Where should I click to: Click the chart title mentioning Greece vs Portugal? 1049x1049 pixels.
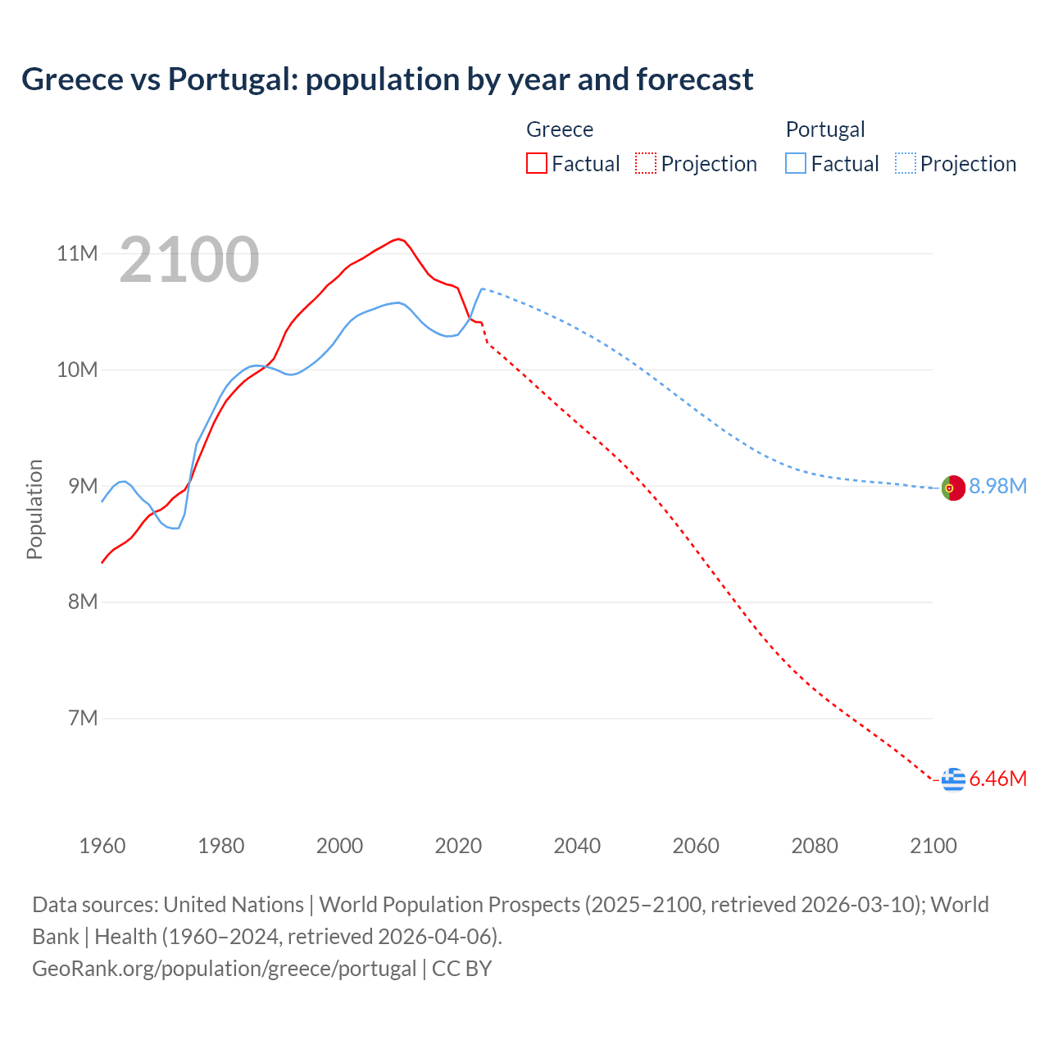387,79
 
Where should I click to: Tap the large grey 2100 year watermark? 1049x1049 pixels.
189,260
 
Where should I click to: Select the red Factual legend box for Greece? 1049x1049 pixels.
537,163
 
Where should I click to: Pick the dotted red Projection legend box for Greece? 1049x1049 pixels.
646,163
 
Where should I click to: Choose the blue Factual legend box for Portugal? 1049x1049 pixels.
796,163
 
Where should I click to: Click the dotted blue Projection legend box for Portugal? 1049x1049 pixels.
905,163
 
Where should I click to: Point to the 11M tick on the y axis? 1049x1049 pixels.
77,253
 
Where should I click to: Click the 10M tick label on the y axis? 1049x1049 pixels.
77,370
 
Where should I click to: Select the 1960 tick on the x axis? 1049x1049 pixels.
102,846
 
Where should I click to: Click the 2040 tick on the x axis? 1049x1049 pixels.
577,846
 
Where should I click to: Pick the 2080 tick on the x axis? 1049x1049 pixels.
815,846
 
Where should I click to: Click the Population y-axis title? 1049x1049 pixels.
34,509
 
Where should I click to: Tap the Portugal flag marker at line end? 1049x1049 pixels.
953,488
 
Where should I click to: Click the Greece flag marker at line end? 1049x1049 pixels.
953,779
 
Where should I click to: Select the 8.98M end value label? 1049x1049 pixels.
997,487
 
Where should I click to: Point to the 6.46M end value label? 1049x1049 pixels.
997,779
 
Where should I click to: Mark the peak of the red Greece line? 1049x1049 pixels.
398,238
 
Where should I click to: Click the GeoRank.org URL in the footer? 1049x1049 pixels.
224,969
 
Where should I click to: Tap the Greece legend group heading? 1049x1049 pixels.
560,129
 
